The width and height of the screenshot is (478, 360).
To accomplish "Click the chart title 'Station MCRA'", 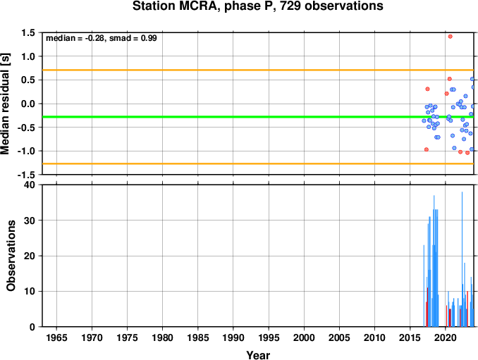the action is (175, 6).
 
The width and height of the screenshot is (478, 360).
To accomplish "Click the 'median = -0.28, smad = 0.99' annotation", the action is (102, 38).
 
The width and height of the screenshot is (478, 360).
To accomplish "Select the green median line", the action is (258, 117).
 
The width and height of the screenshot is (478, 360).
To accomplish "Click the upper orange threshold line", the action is (258, 70).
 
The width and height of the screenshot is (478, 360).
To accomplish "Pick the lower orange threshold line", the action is (258, 163).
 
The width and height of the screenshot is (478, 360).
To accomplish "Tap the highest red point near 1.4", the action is (451, 37).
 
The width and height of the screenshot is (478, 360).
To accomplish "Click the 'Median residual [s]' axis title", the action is (5, 104).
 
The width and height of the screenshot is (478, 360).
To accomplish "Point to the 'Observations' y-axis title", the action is (11, 256).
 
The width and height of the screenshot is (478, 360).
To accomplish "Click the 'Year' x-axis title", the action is (258, 355).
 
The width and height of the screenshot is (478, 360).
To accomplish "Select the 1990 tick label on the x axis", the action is (233, 337).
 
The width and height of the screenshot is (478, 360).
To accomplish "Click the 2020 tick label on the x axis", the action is (446, 337).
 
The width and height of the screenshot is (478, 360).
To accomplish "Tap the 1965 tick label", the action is (56, 337).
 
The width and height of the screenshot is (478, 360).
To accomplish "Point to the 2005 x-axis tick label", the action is (339, 337).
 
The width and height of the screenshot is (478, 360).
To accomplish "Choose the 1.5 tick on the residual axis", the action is (27, 32).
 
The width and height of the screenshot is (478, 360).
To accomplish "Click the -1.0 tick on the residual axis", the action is (26, 151).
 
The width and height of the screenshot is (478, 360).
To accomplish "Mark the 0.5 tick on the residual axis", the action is (27, 80).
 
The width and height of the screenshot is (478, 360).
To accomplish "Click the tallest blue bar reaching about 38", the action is (462, 259).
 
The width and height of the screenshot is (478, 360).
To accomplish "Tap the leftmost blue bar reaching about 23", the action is (424, 286).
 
